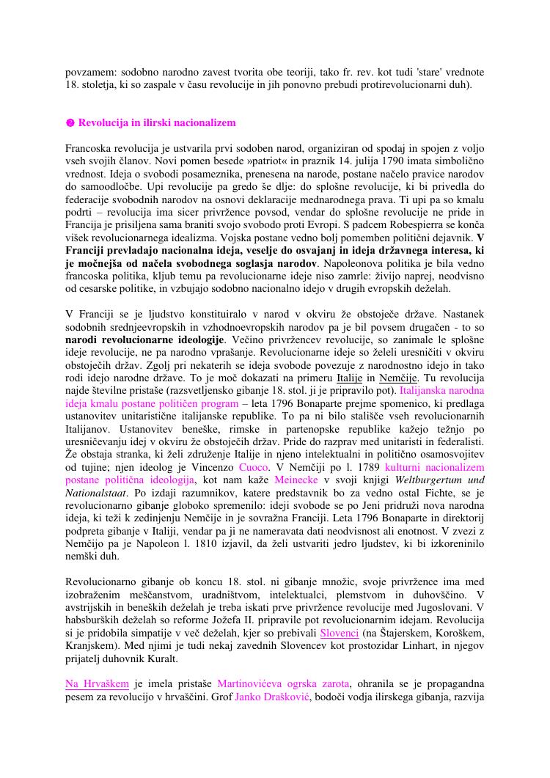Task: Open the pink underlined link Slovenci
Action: [340, 633]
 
